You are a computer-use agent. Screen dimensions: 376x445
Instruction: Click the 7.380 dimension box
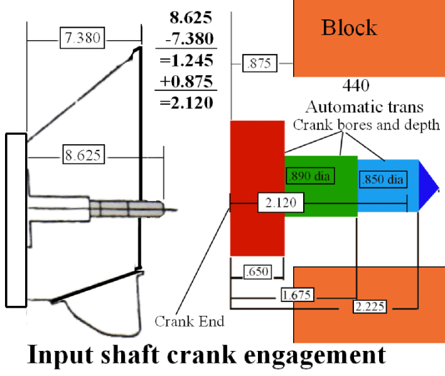(82, 38)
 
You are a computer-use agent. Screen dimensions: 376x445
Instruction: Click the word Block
(349, 28)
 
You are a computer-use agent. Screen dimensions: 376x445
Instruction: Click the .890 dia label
(310, 175)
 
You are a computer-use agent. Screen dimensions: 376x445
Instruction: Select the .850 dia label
(382, 180)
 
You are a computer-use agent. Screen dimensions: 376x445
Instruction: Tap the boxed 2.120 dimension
(281, 202)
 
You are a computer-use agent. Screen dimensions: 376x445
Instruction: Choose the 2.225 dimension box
(370, 307)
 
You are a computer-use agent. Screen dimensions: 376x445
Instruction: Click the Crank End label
(189, 321)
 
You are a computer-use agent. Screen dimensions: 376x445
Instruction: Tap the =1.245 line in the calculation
(186, 61)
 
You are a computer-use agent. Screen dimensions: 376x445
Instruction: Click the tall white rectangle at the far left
(16, 220)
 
